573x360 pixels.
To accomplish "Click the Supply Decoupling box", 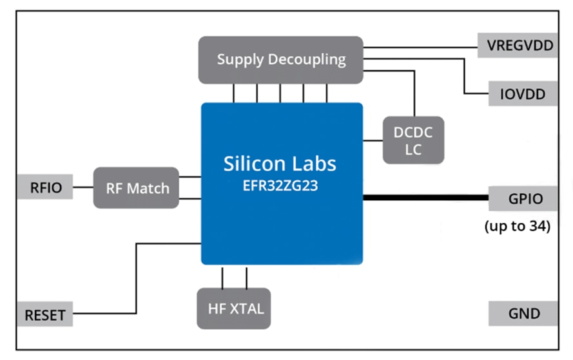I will [x=280, y=60].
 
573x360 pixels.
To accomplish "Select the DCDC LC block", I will [x=413, y=140].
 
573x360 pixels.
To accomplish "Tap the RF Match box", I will [x=136, y=188].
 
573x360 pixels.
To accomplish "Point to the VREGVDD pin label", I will [x=518, y=46].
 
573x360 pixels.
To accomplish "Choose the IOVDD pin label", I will [x=522, y=95].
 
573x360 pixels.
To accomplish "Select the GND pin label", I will [x=523, y=314].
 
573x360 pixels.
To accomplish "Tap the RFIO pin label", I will [x=45, y=187].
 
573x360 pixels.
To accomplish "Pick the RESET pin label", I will [x=44, y=315].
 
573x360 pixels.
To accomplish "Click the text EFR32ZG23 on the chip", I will [x=280, y=188].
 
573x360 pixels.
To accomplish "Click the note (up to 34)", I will [x=518, y=227].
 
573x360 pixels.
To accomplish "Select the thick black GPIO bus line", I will [x=425, y=198].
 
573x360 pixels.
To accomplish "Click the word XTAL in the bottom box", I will [x=247, y=308].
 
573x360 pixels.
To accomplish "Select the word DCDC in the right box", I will [x=413, y=132].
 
